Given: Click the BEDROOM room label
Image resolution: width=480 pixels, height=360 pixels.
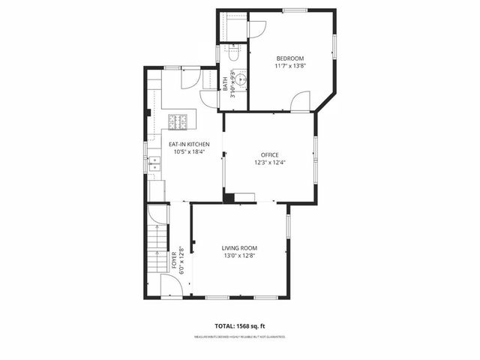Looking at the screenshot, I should (x=289, y=58).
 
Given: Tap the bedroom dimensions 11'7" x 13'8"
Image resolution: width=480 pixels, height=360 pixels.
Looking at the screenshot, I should (x=289, y=67).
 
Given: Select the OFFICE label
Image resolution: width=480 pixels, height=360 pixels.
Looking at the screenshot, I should (x=269, y=155).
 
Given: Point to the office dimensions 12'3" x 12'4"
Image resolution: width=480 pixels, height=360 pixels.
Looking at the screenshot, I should (x=269, y=163).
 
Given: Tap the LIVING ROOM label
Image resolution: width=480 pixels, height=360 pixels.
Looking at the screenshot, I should (x=239, y=248).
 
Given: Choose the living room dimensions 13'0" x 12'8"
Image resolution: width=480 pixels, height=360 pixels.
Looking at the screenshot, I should (x=239, y=256).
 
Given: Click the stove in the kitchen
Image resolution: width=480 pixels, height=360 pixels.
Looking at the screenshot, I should (x=178, y=120).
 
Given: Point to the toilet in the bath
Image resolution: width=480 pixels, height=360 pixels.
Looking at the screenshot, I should (x=233, y=54).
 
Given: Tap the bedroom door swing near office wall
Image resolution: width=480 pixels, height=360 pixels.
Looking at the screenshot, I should (x=301, y=100).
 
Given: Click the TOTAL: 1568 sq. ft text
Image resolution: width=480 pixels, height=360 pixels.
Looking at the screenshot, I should (x=240, y=327).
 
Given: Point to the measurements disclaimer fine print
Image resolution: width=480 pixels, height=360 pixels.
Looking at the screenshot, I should (x=240, y=337).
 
